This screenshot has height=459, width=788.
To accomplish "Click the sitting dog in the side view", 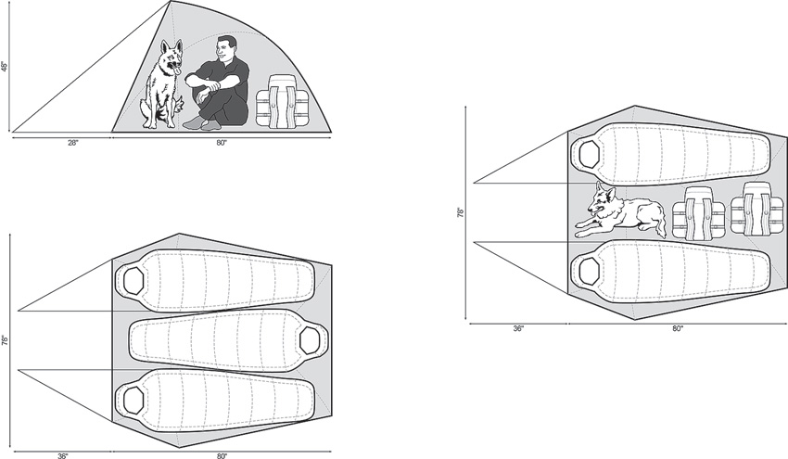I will coord(163,85).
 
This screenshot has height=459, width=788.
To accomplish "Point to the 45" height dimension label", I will coord(5,68).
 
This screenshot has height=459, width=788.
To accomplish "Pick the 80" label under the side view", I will coord(222,142).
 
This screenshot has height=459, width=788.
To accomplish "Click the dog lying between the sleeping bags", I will coord(618,212).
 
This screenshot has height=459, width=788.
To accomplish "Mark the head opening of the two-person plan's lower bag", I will coord(589,272).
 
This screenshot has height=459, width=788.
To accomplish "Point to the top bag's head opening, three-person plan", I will coord(133,279).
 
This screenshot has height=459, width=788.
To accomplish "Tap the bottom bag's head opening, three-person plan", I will coord(133,401).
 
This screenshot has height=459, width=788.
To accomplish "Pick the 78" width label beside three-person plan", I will coord(5,340).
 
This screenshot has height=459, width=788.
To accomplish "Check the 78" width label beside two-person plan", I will coord(460,212).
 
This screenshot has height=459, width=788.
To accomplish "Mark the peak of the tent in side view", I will coord(171,3).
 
